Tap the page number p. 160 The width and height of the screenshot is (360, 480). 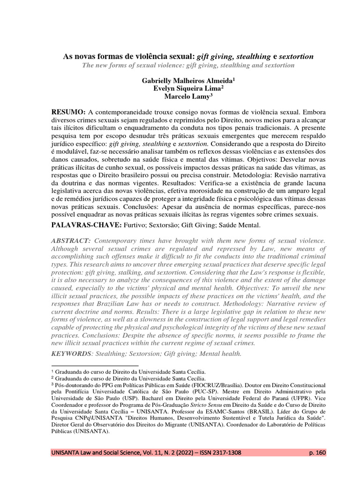click(317, 453)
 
